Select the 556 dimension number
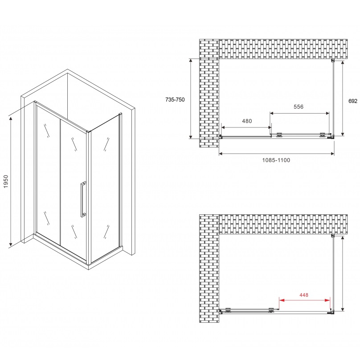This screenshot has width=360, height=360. pyautogui.click(x=298, y=106)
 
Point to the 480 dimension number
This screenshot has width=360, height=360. pyautogui.click(x=247, y=121)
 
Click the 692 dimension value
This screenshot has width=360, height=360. pyautogui.click(x=352, y=101)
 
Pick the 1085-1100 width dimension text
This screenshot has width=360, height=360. pyautogui.click(x=276, y=160)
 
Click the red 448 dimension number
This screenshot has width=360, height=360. pyautogui.click(x=304, y=295)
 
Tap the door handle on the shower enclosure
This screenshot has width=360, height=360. pyautogui.click(x=82, y=199)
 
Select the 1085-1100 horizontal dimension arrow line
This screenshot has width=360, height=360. pyautogui.click(x=276, y=154)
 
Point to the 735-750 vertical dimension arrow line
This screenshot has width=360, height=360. pyautogui.click(x=191, y=98)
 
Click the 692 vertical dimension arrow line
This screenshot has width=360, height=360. pyautogui.click(x=343, y=98)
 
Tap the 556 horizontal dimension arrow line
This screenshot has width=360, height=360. pyautogui.click(x=300, y=112)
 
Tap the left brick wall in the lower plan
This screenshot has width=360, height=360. pyautogui.click(x=209, y=267)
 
